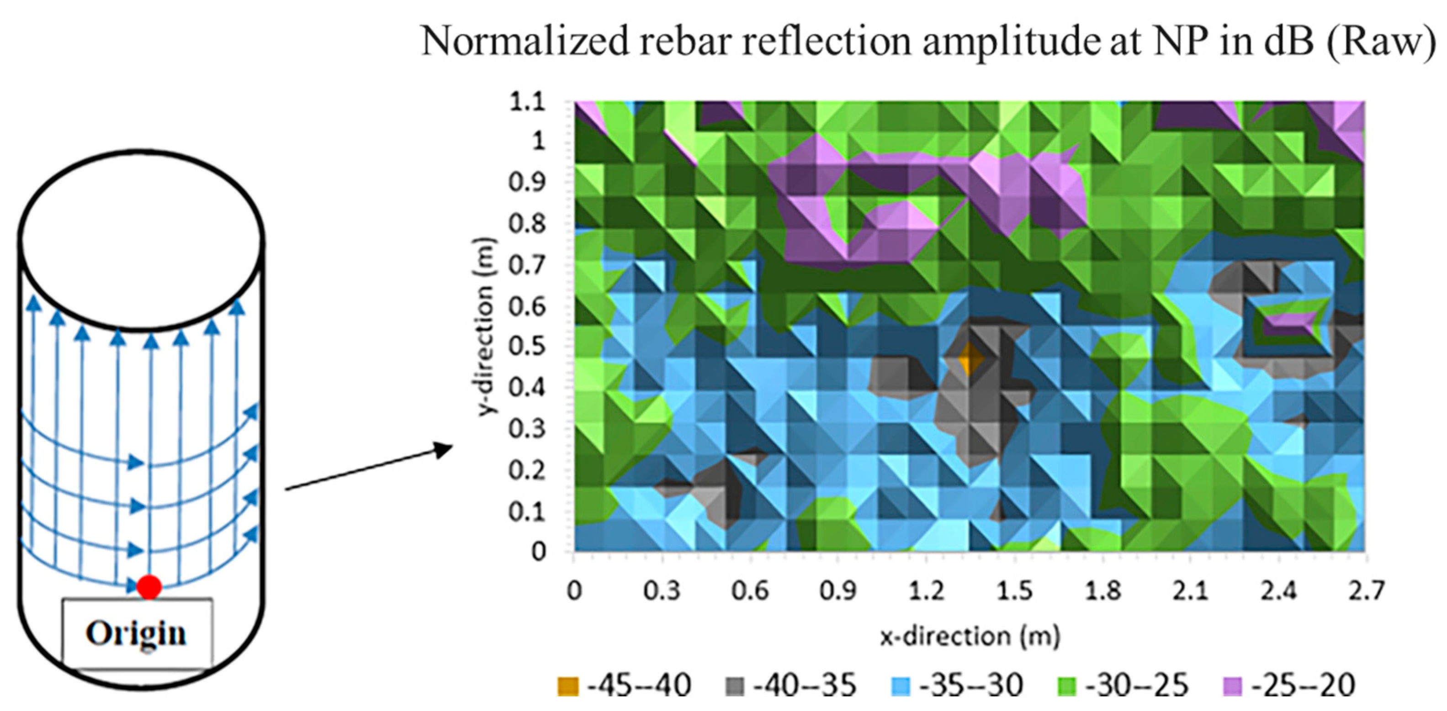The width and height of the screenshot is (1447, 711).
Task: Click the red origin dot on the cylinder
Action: (149, 587)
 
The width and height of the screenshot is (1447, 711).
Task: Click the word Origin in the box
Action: (137, 633)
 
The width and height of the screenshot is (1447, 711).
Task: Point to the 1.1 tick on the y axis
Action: (527, 102)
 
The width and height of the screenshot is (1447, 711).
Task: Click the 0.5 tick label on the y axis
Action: (527, 346)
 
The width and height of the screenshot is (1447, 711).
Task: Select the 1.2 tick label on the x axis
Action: (926, 591)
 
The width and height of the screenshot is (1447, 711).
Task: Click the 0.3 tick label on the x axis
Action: (662, 591)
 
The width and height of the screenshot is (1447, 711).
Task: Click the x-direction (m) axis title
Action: (970, 636)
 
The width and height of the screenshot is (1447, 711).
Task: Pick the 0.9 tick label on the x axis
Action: (837, 591)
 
